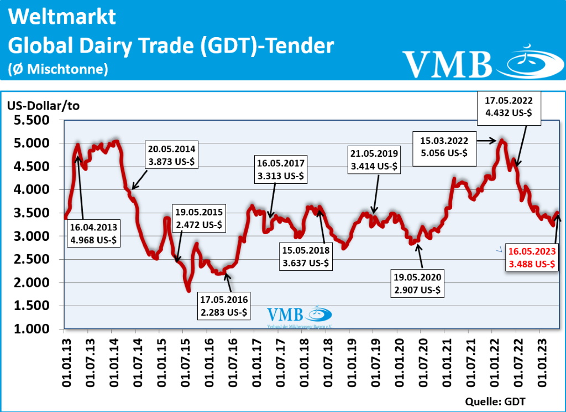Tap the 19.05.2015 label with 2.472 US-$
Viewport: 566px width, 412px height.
click(x=199, y=218)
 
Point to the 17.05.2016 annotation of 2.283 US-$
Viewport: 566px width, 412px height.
click(x=224, y=307)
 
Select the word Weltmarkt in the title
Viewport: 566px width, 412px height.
click(x=62, y=17)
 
